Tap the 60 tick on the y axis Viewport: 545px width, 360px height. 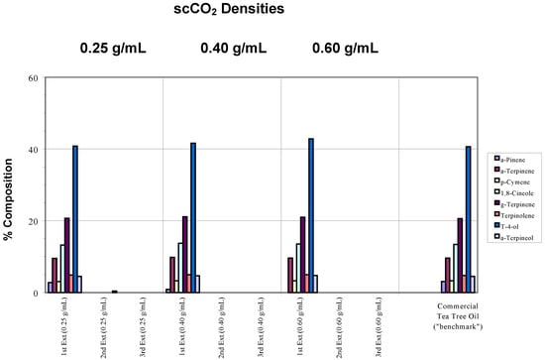point(33,78)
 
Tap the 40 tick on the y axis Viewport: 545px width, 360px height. point(33,150)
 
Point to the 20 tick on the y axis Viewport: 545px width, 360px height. point(33,221)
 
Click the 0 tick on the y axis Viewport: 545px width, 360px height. point(35,293)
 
